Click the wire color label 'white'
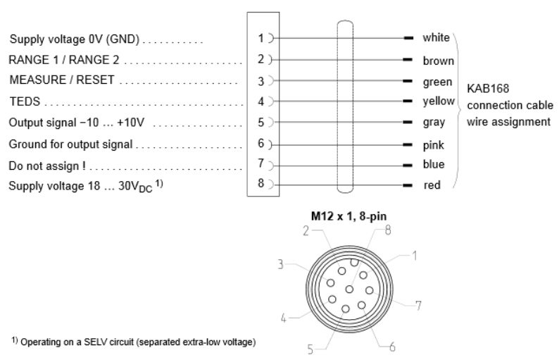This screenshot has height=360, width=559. [436, 37]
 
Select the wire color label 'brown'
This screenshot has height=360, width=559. [438, 61]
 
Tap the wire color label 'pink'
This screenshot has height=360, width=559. [433, 145]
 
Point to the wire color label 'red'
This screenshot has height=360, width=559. [432, 185]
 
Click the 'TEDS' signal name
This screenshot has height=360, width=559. [25, 101]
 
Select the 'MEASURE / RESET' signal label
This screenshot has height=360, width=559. [62, 80]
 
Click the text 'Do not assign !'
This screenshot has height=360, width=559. [47, 166]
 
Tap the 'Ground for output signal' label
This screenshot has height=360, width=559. [70, 144]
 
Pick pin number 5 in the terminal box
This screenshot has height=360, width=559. [261, 123]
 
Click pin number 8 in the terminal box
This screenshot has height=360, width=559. [261, 183]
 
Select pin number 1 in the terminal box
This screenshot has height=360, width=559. [260, 38]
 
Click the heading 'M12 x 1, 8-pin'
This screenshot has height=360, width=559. [348, 216]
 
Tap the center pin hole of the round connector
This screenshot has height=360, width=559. [349, 290]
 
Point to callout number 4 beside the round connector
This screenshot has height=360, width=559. [284, 318]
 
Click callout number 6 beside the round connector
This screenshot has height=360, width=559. [392, 347]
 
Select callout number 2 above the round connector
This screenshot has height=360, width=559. [306, 231]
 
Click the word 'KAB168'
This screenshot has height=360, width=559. [488, 89]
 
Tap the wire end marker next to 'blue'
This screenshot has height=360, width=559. [408, 165]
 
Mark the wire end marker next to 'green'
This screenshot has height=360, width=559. [408, 81]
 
